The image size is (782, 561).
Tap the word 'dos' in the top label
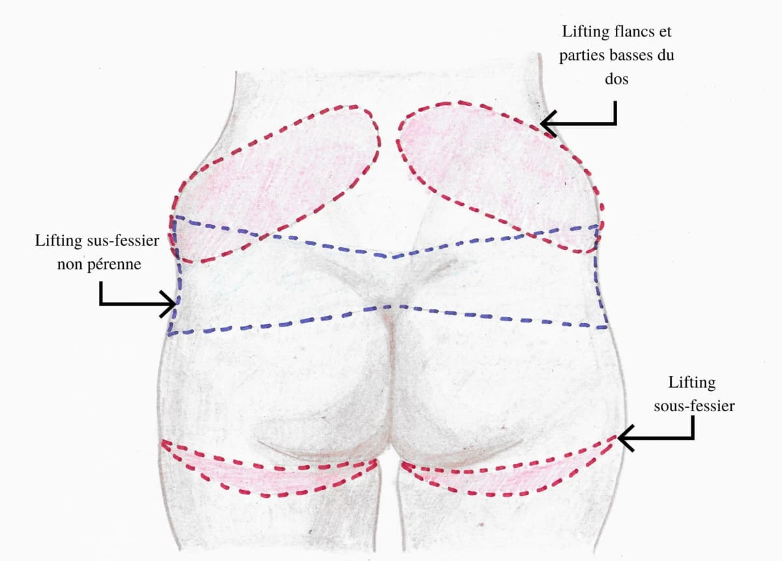point(616,79)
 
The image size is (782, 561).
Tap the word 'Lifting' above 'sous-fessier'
point(692,382)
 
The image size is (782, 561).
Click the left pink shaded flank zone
point(274,182)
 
